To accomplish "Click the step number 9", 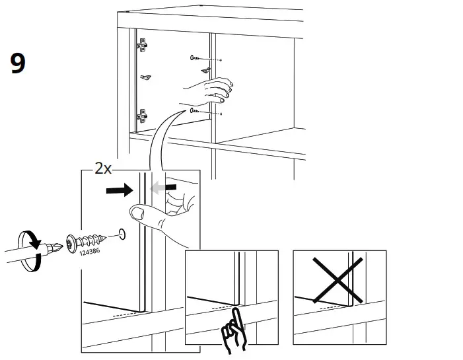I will pyautogui.click(x=18, y=63).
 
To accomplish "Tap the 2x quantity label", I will pyautogui.click(x=102, y=168).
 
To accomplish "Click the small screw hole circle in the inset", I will pyautogui.click(x=120, y=233).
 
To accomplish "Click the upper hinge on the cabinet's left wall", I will pyautogui.click(x=141, y=46).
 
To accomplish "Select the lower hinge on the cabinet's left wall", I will pyautogui.click(x=141, y=116).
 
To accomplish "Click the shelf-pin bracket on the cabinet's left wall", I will pyautogui.click(x=146, y=78).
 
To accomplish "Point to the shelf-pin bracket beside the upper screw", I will pyautogui.click(x=207, y=69).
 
